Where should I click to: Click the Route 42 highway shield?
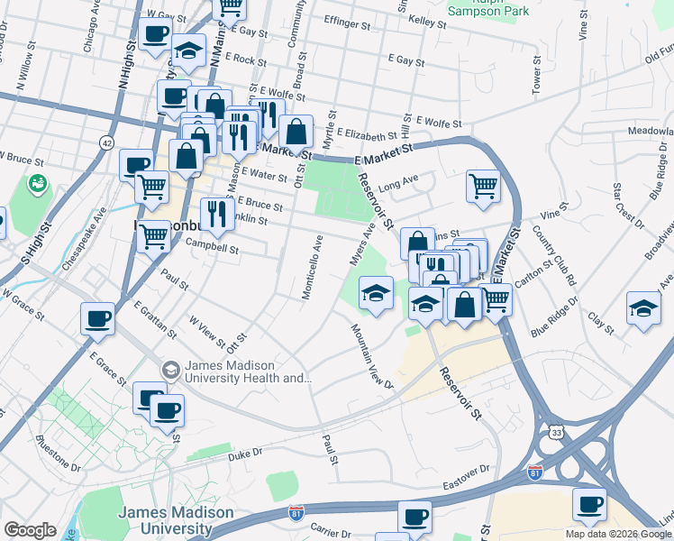pos(107,142)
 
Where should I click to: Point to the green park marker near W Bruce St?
pos(38,185)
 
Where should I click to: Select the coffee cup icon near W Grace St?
pos(97,317)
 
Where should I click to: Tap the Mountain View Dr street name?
pos(371,357)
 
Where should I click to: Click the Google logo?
pos(30,530)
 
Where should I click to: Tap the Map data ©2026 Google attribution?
pos(618,534)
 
